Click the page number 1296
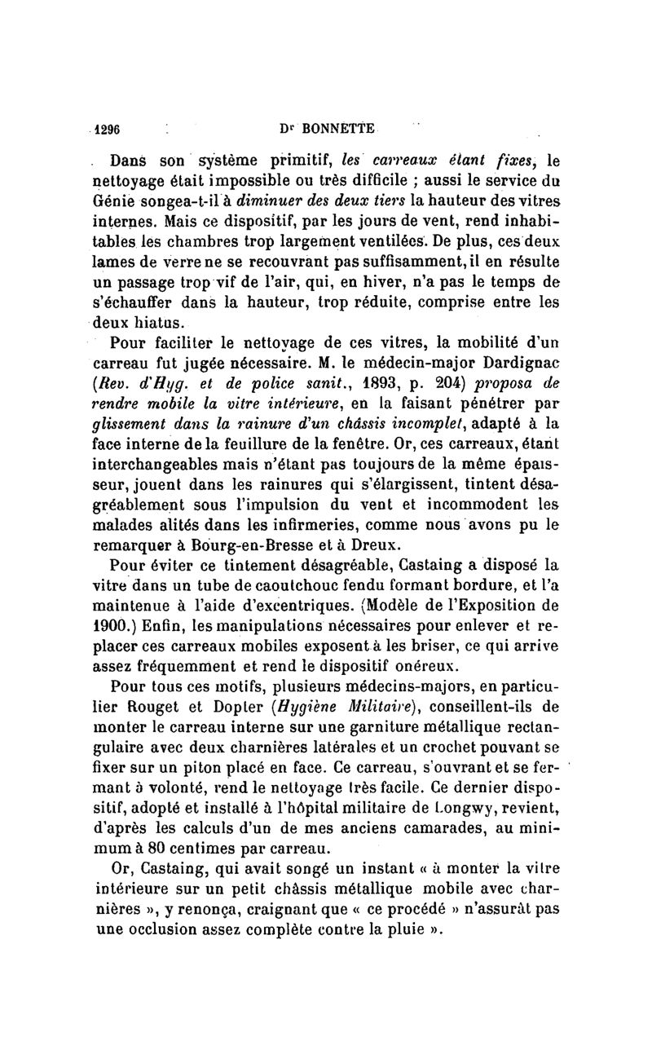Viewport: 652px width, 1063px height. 108,128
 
